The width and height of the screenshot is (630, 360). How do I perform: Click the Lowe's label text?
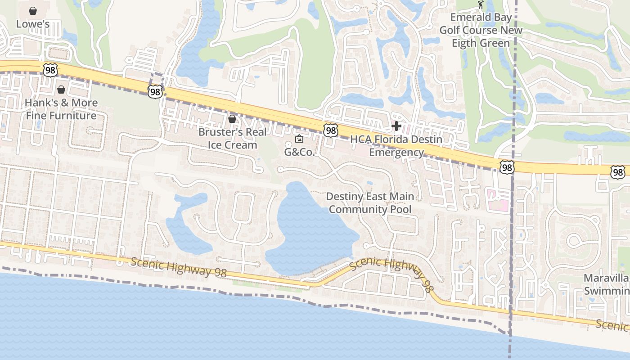33,24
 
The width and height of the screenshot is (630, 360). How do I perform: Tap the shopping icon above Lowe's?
33,10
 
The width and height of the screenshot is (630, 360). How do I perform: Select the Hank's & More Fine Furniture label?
61,109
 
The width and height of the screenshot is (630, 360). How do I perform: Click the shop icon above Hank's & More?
61,90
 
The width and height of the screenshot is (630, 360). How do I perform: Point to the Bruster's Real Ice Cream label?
232,139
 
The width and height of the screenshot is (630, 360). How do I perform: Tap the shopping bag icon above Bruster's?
232,119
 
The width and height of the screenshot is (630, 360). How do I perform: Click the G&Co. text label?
299,152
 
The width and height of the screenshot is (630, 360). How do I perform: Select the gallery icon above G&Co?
299,139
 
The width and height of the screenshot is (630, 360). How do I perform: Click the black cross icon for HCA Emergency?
396,126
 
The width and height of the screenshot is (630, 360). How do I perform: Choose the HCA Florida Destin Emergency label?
396,146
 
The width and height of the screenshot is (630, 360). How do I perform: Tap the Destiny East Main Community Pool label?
370,203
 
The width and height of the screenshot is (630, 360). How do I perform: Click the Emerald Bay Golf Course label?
481,30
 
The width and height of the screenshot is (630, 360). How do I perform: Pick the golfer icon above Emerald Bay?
481,5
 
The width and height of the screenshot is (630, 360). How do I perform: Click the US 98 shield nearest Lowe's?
50,69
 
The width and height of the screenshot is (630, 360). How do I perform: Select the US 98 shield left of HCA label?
331,130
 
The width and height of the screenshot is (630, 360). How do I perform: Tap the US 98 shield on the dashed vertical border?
507,167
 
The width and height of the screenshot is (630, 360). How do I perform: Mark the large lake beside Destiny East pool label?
310,229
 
